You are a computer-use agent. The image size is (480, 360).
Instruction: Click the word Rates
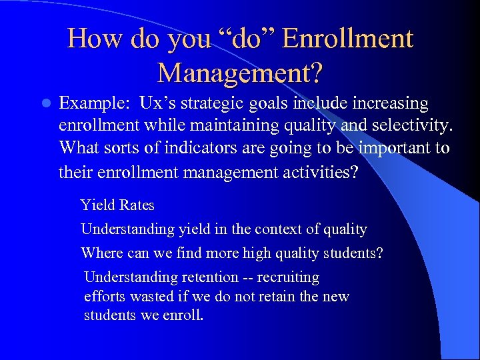137,205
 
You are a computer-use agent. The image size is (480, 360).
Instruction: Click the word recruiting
289,277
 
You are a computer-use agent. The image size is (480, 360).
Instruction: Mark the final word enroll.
183,315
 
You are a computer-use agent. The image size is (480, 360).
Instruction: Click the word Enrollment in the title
347,39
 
